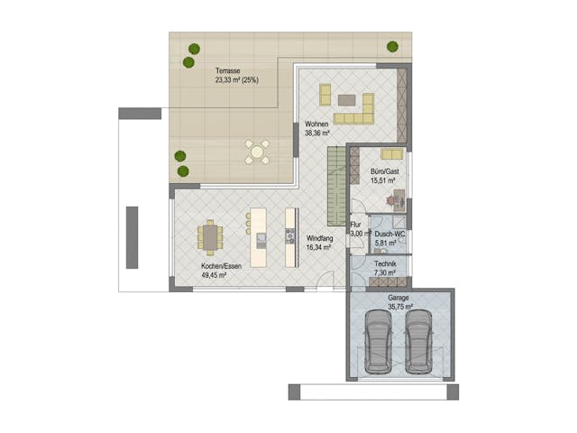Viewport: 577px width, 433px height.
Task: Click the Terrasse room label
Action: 227,70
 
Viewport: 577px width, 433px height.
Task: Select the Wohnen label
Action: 316,124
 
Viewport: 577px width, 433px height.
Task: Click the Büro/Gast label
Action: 384,171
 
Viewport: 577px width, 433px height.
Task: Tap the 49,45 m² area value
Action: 214,275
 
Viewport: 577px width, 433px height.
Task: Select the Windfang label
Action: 318,237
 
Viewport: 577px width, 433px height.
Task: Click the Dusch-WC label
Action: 389,234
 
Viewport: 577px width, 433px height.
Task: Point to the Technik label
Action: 386,263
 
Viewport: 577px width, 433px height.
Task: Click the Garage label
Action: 398,297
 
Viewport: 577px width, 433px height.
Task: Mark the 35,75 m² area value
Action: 400,305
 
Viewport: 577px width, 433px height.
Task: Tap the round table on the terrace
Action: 259,152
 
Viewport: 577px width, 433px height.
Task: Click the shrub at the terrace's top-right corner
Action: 393,46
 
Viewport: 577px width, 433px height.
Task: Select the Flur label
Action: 355,225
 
